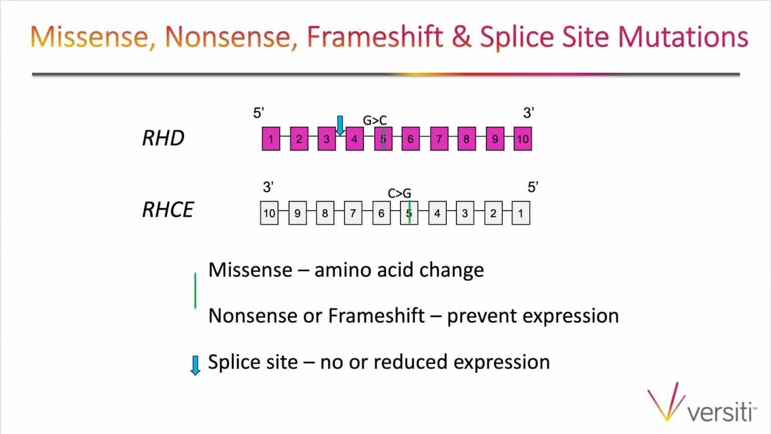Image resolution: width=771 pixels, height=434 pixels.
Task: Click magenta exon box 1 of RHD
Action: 271,138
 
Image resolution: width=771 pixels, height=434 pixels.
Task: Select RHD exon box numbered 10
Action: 523,138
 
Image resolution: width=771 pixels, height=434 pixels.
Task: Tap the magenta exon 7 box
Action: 439,138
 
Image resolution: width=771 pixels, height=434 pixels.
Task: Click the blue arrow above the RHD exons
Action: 340,125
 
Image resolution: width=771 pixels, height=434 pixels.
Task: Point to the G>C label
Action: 375,120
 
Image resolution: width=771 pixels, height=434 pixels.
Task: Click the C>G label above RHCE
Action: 399,194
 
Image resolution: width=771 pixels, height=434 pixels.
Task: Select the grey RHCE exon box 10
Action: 269,213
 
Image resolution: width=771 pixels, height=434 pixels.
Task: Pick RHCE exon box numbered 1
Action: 521,213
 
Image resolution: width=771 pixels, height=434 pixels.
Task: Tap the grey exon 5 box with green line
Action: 409,213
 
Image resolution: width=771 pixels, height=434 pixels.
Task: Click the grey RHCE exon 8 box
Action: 325,213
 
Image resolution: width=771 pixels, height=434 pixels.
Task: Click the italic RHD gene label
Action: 163,138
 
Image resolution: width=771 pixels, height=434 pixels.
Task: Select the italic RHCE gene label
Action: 168,210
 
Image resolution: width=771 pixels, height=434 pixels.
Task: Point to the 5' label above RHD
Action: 259,113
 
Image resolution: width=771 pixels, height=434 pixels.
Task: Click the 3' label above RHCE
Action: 268,187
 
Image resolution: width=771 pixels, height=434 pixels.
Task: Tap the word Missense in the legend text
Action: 250,269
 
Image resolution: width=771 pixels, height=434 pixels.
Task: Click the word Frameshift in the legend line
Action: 376,315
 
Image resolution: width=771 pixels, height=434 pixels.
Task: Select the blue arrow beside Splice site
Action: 195,365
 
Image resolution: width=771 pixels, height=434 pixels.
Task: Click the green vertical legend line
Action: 195,291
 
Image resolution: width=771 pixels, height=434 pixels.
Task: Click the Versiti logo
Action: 701,402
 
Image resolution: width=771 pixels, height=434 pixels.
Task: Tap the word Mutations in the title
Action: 683,37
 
